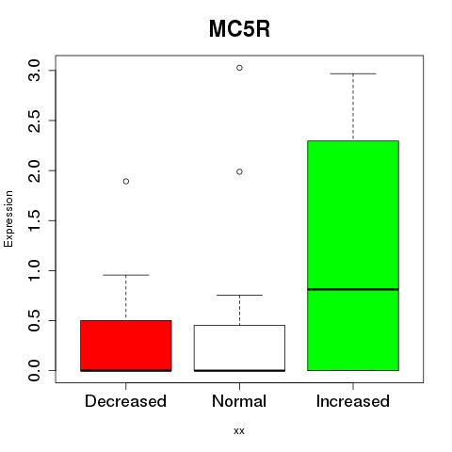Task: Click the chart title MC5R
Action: click(x=239, y=29)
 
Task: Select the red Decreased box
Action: click(x=126, y=346)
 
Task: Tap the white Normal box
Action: click(x=239, y=348)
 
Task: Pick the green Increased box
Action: click(x=353, y=255)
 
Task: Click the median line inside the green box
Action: click(x=353, y=289)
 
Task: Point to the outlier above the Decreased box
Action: click(x=126, y=181)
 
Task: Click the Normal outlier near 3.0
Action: click(x=239, y=68)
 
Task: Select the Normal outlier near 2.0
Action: click(x=239, y=171)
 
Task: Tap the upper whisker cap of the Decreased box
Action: click(x=126, y=275)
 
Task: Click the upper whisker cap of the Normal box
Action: click(x=239, y=295)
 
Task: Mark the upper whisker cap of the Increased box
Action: click(x=353, y=73)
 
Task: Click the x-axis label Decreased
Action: click(x=125, y=401)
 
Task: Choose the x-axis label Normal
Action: click(x=239, y=401)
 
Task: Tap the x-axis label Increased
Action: click(x=353, y=401)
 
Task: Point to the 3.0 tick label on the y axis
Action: click(x=34, y=71)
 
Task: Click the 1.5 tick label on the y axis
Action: click(x=34, y=220)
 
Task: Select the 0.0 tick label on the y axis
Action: click(x=34, y=370)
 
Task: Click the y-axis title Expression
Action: click(x=8, y=218)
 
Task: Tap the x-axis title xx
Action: click(x=239, y=431)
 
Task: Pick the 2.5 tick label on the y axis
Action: click(x=34, y=121)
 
